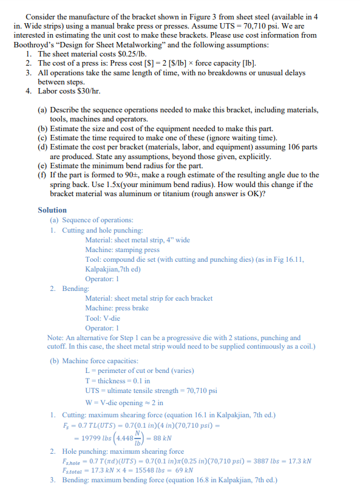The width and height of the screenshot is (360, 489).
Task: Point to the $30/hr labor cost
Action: pos(86,92)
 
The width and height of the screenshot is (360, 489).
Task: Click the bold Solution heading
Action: pos(52,210)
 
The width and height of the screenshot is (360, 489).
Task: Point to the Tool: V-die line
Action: pos(103,318)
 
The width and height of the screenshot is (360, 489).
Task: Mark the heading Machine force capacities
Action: pos(92,361)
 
